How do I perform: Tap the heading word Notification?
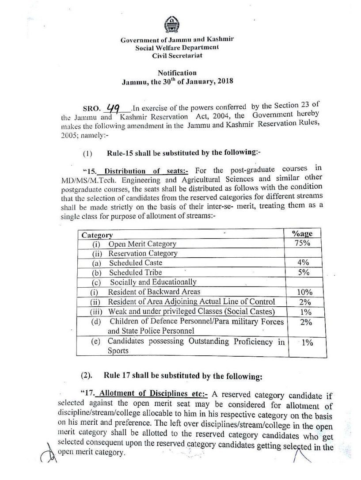(177, 73)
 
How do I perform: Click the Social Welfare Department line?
(177, 48)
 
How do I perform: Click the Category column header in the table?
(95, 235)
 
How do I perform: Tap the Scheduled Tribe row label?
(136, 272)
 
